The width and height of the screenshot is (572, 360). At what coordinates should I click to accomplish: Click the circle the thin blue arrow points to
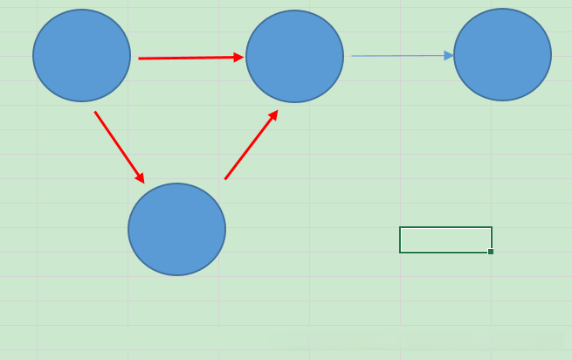502,55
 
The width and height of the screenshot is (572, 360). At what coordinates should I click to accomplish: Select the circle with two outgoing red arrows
81,55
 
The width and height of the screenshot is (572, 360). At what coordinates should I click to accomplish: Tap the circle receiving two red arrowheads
294,56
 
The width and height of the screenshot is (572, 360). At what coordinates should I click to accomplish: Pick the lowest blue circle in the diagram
176,229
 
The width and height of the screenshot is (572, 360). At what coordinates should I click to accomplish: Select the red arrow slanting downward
119,146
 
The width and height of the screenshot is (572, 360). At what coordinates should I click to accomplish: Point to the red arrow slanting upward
251,145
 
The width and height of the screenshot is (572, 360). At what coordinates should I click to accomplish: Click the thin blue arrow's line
397,56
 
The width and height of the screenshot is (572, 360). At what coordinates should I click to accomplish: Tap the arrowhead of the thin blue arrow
449,56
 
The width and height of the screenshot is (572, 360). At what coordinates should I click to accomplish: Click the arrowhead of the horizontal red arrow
238,58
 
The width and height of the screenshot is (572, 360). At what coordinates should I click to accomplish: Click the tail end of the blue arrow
353,56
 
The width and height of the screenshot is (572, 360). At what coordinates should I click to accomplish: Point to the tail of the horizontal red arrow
140,59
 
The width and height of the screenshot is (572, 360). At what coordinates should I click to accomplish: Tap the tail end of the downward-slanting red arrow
95,112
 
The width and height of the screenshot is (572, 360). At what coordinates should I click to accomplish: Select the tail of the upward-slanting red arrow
225,179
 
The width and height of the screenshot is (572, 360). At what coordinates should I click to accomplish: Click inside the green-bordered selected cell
445,239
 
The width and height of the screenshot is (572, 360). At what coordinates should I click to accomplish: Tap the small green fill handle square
491,252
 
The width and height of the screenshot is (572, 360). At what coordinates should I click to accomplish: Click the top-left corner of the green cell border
400,227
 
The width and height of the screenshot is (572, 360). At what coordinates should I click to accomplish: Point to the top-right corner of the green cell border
492,227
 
